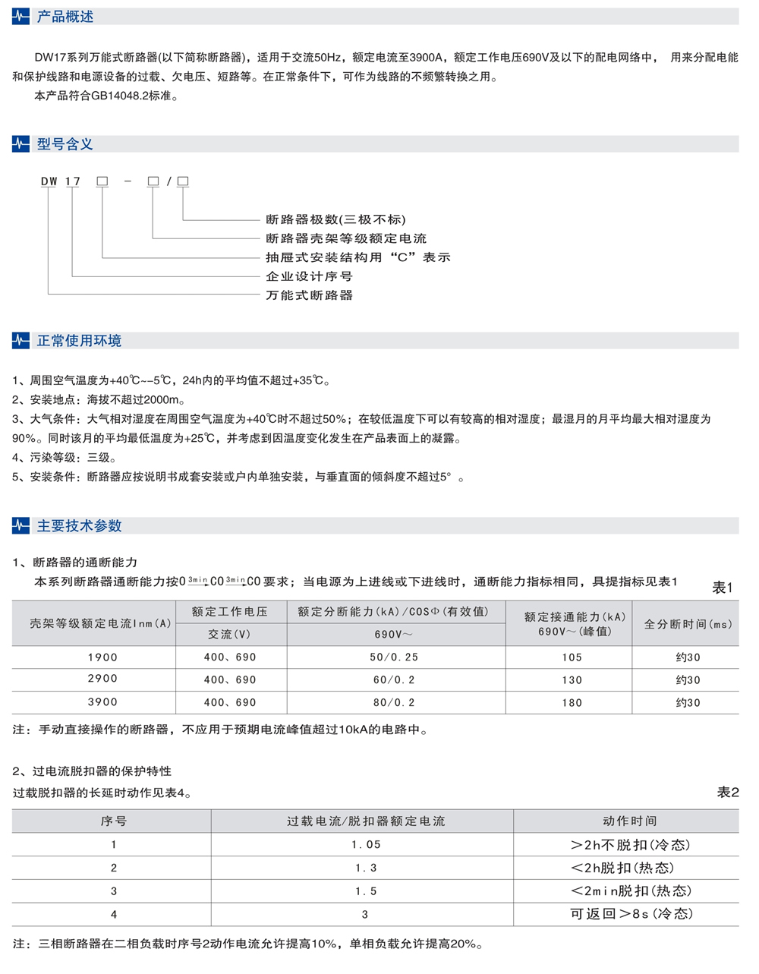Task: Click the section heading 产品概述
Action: [65, 17]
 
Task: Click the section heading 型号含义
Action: [65, 144]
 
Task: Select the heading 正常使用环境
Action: [79, 341]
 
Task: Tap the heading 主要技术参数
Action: [79, 526]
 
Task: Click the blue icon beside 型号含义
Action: [21, 144]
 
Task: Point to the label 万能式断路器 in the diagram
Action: [309, 295]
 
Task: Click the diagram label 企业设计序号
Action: [309, 276]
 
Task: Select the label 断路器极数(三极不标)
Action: [335, 219]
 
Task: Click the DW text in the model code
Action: [49, 181]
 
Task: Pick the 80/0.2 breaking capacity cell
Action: [393, 703]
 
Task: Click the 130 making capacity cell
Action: [572, 680]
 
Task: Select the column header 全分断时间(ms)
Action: [688, 624]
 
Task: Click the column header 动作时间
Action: [629, 821]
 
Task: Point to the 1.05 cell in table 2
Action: [366, 845]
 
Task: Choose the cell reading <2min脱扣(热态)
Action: [630, 891]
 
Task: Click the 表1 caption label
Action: [722, 588]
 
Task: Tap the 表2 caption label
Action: [727, 793]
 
